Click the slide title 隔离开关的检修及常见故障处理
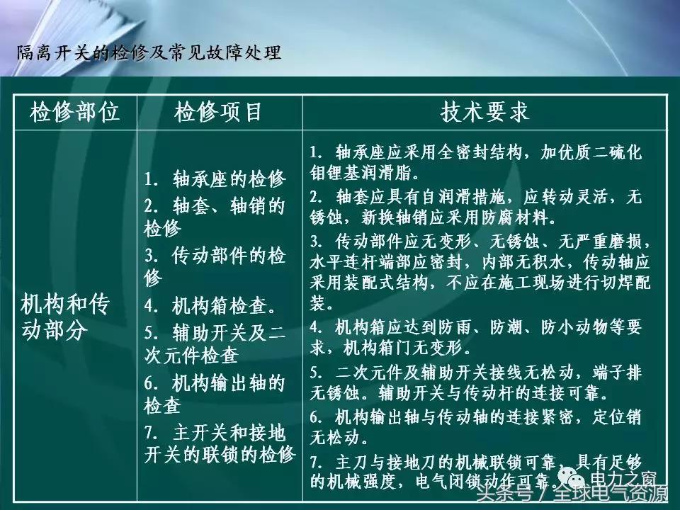(x=149, y=53)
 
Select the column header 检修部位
(x=74, y=112)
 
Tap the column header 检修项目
(x=219, y=112)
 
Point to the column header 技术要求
(x=485, y=112)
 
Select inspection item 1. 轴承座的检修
(x=215, y=178)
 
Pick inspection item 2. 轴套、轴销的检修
(x=215, y=217)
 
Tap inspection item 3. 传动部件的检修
(x=215, y=266)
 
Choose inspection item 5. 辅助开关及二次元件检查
(x=215, y=343)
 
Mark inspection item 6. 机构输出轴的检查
(x=215, y=395)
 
